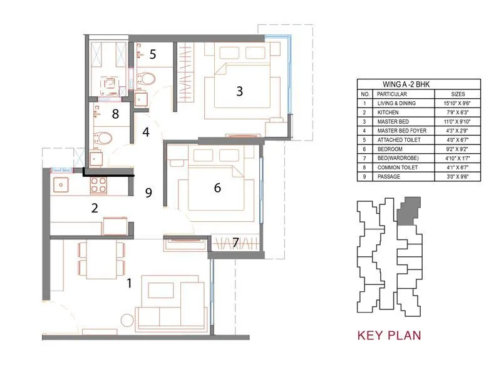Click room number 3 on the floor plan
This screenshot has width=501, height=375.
(x=239, y=91)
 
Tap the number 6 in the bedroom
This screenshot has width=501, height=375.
(x=217, y=187)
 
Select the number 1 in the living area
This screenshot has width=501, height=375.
(x=129, y=283)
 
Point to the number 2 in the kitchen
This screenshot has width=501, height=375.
(x=95, y=209)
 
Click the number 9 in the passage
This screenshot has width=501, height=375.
(x=148, y=193)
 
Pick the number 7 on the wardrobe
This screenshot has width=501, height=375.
(x=235, y=242)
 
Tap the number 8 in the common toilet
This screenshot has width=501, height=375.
(x=115, y=114)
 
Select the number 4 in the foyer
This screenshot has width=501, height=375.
(x=146, y=132)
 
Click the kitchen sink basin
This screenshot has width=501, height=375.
(x=62, y=184)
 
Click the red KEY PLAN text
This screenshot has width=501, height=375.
(x=389, y=336)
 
